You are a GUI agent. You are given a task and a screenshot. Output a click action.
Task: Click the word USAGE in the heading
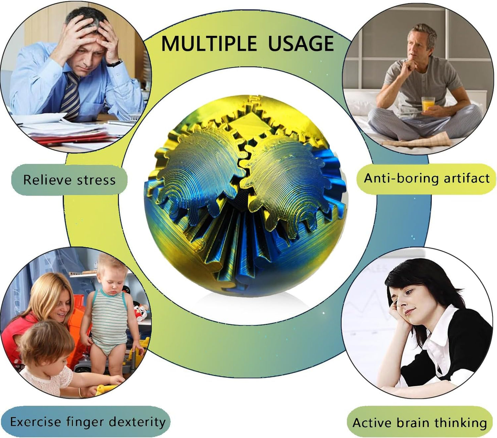[301, 44]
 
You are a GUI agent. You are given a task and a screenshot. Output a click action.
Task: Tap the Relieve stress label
[69, 180]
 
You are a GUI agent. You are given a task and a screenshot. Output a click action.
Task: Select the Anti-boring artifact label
[426, 178]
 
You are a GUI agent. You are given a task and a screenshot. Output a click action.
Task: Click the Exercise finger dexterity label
[87, 422]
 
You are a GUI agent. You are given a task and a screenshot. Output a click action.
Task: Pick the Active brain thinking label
[420, 423]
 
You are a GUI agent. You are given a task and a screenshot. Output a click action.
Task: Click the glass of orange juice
[428, 104]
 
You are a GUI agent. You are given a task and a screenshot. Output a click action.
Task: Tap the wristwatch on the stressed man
[115, 63]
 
